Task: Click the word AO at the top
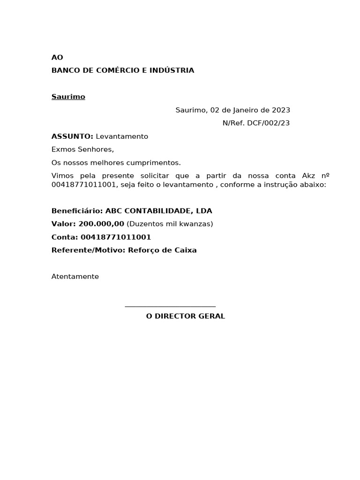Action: (x=57, y=58)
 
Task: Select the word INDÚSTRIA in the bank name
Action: (x=172, y=71)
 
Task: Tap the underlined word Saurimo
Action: (x=68, y=97)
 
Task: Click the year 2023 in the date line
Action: (x=281, y=110)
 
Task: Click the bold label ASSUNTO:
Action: (x=72, y=136)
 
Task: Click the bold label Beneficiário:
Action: (x=77, y=211)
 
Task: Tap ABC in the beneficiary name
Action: (x=113, y=211)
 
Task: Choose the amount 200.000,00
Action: (x=101, y=224)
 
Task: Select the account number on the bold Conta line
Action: (x=116, y=237)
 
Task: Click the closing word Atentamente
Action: (x=75, y=277)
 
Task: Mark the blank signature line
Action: (x=170, y=306)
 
